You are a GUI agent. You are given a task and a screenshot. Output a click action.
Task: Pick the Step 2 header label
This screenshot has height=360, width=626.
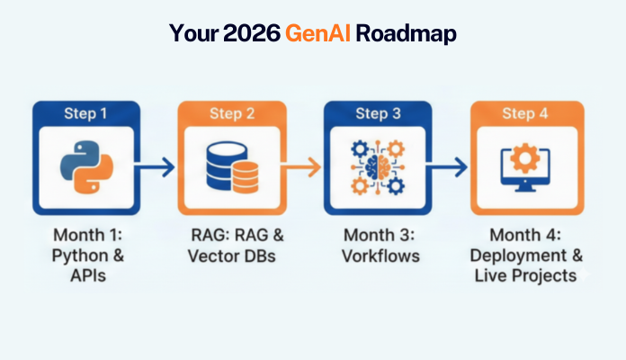233,114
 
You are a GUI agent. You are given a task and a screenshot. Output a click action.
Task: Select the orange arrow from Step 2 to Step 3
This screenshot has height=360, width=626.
306,166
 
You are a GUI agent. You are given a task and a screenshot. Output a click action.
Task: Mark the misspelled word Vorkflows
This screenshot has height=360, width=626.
380,256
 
